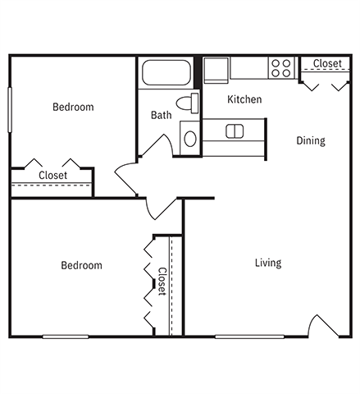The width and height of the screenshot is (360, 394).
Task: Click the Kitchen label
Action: tap(244, 99)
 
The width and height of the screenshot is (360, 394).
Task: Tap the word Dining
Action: tap(310, 140)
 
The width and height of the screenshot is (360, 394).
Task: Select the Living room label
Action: tap(267, 263)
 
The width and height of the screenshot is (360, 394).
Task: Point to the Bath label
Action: tap(161, 115)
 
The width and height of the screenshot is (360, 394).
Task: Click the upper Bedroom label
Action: tap(73, 107)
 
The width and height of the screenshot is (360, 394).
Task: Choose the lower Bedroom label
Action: tap(82, 265)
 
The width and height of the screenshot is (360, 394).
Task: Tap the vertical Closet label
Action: tap(162, 282)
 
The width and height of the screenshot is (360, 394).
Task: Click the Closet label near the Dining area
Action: tap(327, 63)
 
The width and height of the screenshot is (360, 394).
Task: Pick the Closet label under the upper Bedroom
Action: tap(53, 176)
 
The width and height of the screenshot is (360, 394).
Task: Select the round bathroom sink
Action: tap(190, 139)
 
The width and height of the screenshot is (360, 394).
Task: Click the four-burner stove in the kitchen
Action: tap(281, 67)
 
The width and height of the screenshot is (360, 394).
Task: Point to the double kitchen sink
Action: tap(235, 131)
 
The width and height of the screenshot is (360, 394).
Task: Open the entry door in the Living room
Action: tap(324, 326)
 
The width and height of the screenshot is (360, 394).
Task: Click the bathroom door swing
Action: tap(157, 146)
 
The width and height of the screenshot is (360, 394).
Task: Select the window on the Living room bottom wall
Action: tap(248, 336)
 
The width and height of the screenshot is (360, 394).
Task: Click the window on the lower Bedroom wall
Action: tap(65, 336)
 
